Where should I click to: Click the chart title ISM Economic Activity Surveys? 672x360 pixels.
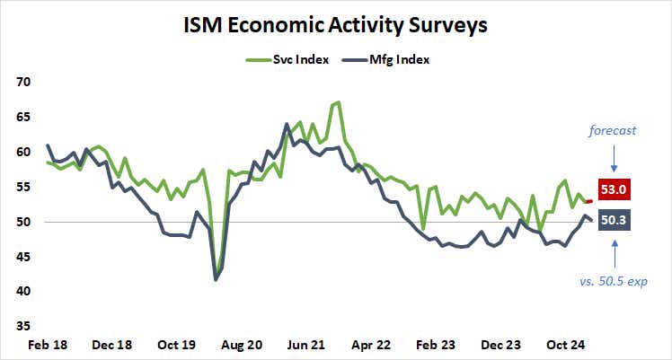point(336,24)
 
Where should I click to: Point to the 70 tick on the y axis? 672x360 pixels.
point(23,82)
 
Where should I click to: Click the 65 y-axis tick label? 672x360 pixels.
point(23,117)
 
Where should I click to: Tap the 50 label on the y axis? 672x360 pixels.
point(23,222)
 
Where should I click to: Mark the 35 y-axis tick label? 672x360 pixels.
point(23,326)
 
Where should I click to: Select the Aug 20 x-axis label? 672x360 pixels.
point(241,344)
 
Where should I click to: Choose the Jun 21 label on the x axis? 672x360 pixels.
point(306,344)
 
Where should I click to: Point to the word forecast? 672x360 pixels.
point(613,130)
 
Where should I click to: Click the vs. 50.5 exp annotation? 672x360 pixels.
point(613,282)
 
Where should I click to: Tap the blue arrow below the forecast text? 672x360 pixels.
point(613,158)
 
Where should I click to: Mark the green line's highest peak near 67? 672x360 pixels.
point(337,102)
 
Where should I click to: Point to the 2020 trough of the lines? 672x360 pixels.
point(216,279)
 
